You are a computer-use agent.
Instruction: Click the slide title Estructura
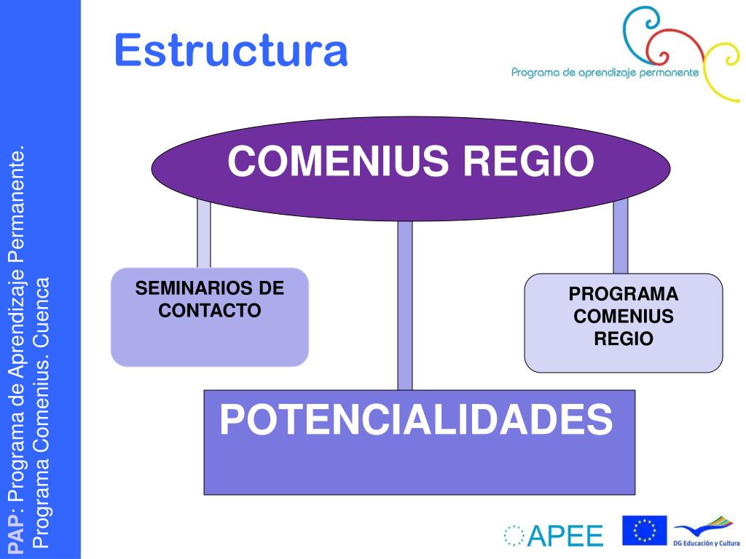(x=231, y=51)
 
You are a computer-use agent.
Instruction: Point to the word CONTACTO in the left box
(x=210, y=310)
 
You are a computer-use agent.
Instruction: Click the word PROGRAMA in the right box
(x=624, y=295)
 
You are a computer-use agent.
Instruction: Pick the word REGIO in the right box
(x=624, y=338)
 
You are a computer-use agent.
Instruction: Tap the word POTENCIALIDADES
(x=416, y=420)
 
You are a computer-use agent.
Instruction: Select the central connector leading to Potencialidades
(x=405, y=306)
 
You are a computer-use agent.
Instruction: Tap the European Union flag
(x=644, y=530)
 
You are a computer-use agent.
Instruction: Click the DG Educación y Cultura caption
(x=706, y=542)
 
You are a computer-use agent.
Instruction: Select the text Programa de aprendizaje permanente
(x=605, y=72)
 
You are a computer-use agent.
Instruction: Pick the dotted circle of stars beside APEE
(x=514, y=536)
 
